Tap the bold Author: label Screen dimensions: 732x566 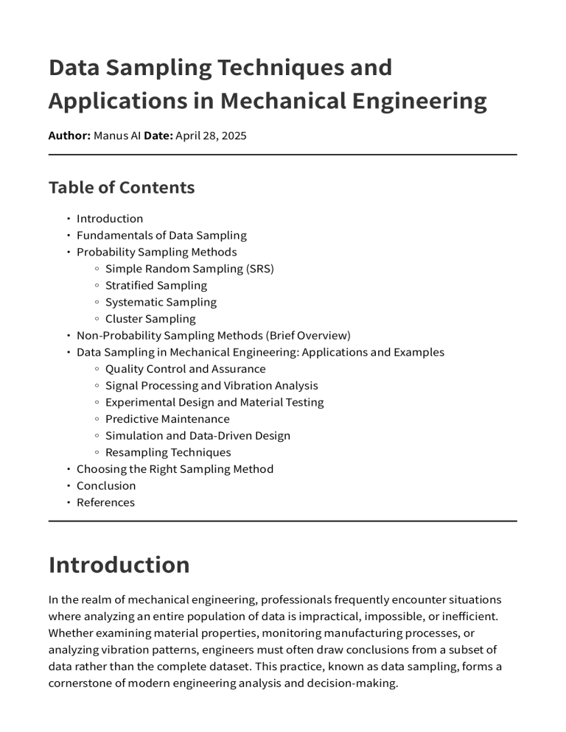(x=69, y=136)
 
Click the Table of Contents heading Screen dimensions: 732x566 (x=122, y=188)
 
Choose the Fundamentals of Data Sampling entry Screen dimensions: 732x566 (x=161, y=236)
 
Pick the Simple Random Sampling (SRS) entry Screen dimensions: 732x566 (x=189, y=269)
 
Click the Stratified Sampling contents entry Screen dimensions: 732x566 (x=156, y=286)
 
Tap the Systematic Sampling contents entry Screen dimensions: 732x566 (x=161, y=303)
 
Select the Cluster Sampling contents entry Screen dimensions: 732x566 (x=150, y=319)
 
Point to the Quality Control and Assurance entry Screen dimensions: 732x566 (x=185, y=369)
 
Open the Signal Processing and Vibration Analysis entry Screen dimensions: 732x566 (x=212, y=386)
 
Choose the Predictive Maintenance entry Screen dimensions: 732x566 (x=167, y=419)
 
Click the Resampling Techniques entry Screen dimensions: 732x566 (x=168, y=452)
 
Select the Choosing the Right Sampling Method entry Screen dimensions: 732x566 (x=175, y=469)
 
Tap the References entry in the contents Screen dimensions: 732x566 (x=105, y=502)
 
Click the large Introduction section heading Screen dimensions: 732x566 (x=119, y=565)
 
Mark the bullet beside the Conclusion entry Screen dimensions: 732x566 (x=68, y=486)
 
